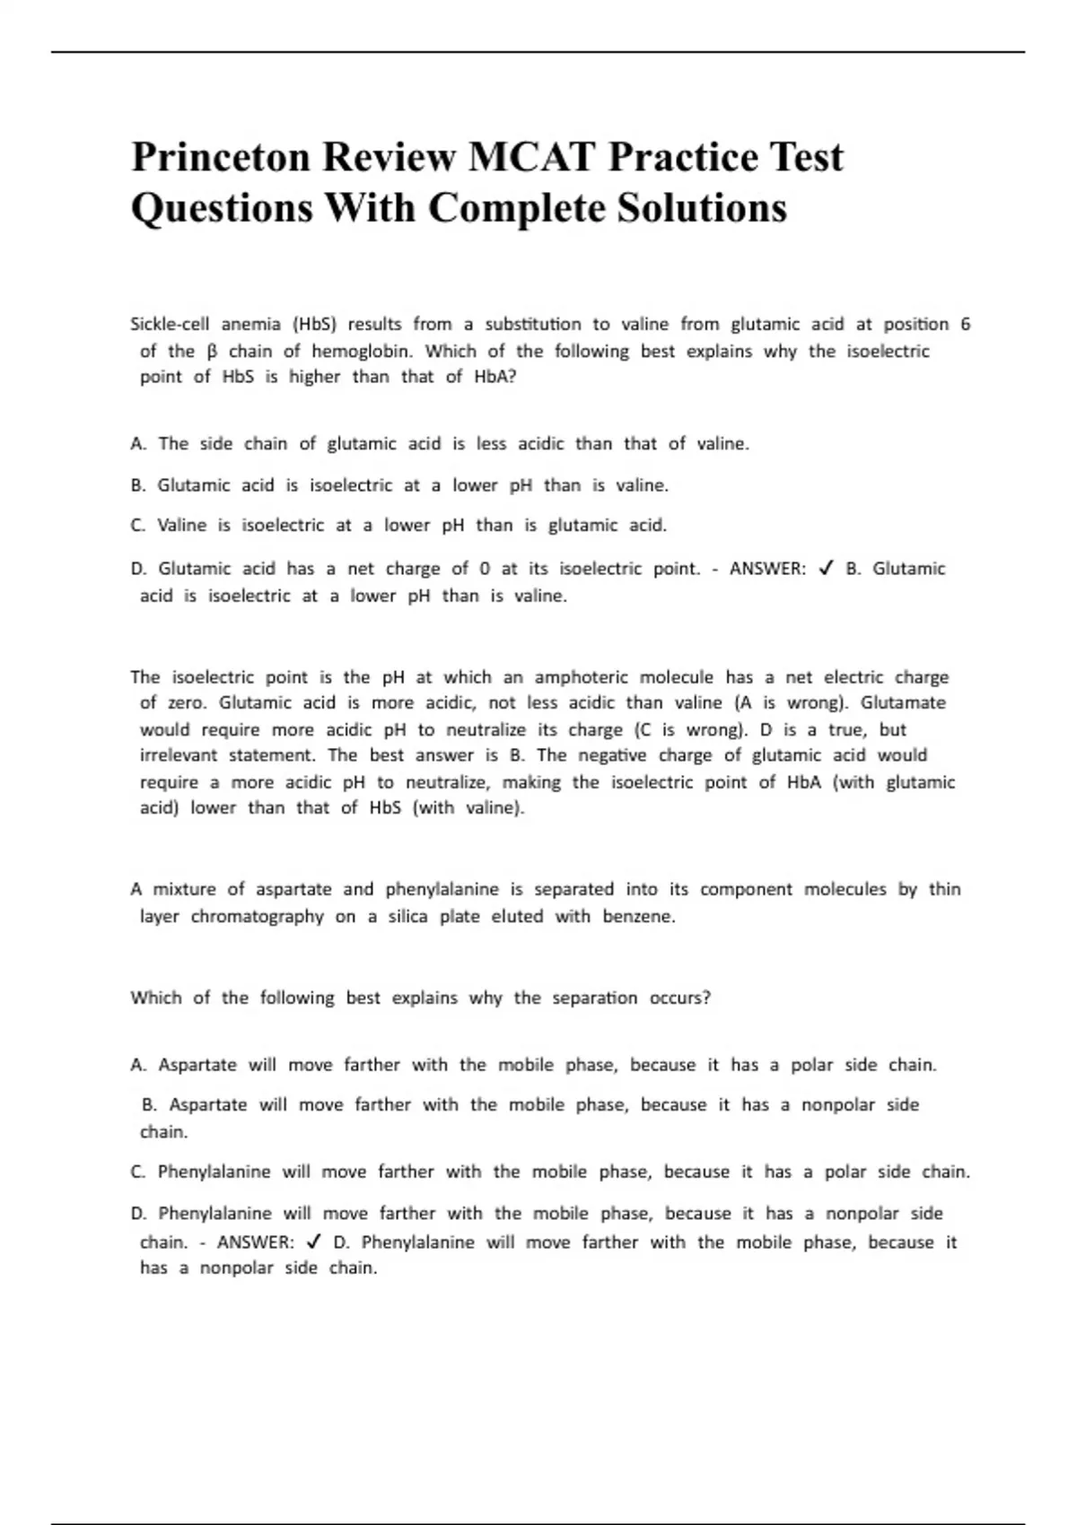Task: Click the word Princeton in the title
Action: point(220,157)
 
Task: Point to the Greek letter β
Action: point(212,352)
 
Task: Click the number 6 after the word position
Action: point(965,324)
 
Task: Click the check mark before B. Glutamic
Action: point(827,569)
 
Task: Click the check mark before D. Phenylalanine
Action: point(313,1242)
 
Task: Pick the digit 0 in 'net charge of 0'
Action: point(485,569)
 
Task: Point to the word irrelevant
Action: point(178,755)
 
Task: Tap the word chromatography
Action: point(257,917)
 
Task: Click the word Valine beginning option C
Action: point(182,526)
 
